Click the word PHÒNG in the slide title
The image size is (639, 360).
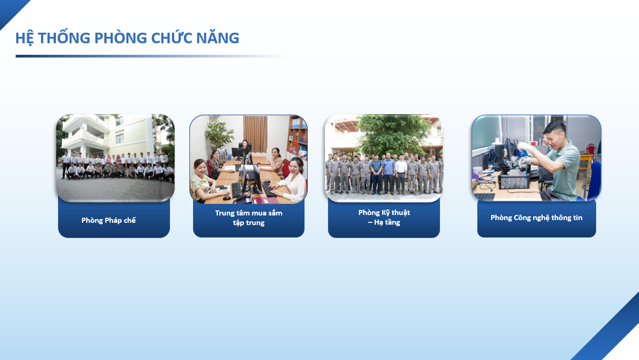pyautogui.click(x=120, y=38)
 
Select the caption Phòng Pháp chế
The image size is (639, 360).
pyautogui.click(x=109, y=221)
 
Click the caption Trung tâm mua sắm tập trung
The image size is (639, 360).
pyautogui.click(x=249, y=218)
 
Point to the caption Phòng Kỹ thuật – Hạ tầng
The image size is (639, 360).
pyautogui.click(x=384, y=217)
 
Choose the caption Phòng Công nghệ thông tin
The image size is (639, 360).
pyautogui.click(x=536, y=218)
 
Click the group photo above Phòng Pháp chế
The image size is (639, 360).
pyautogui.click(x=115, y=158)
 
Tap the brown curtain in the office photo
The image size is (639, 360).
pyautogui.click(x=255, y=134)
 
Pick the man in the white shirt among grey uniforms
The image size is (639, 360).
pyautogui.click(x=401, y=173)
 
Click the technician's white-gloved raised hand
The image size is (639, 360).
pyautogui.click(x=525, y=146)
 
